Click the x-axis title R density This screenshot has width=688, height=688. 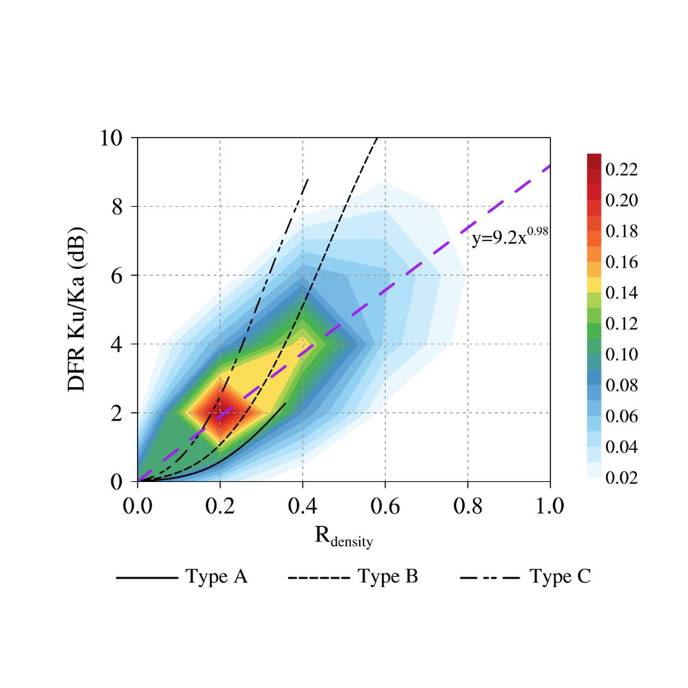pyautogui.click(x=344, y=536)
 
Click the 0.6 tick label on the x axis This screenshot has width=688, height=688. pyautogui.click(x=385, y=506)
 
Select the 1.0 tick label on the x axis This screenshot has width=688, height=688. pyautogui.click(x=550, y=506)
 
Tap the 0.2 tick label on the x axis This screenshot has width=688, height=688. pyautogui.click(x=220, y=506)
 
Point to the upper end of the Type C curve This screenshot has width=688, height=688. pyautogui.click(x=308, y=179)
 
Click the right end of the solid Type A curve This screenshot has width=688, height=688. pyautogui.click(x=285, y=403)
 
